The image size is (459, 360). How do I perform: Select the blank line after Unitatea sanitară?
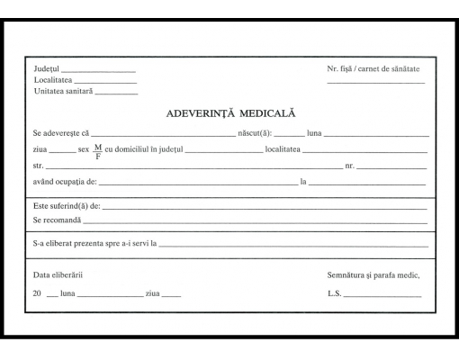point(116,93)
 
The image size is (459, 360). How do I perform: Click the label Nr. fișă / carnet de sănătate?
point(373,69)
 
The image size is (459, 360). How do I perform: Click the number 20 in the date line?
point(37,293)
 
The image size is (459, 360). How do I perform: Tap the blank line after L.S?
point(382,296)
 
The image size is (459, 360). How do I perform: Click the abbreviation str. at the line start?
point(38,166)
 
